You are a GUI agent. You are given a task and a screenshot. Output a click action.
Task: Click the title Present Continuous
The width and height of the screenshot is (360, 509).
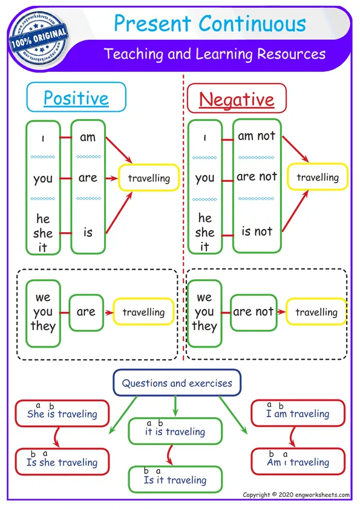pyautogui.click(x=210, y=24)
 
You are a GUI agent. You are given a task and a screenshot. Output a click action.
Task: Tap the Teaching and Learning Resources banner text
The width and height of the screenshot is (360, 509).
pyautogui.click(x=215, y=54)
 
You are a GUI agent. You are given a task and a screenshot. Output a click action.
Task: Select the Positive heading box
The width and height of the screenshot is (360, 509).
pyautogui.click(x=76, y=98)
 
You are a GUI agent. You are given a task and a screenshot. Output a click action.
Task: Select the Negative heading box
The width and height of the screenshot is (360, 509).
pyautogui.click(x=237, y=99)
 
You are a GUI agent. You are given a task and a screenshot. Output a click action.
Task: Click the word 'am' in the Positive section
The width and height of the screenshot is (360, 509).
pyautogui.click(x=88, y=137)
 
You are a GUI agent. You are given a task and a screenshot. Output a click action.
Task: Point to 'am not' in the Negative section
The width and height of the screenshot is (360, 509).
pyautogui.click(x=257, y=136)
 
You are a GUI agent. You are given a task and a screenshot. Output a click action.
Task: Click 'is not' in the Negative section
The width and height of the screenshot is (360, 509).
pyautogui.click(x=257, y=231)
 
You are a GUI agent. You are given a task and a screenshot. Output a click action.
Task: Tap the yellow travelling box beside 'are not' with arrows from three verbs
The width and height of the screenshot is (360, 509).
pyautogui.click(x=318, y=178)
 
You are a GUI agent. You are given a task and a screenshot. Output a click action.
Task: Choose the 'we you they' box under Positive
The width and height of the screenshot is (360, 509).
pyautogui.click(x=43, y=313)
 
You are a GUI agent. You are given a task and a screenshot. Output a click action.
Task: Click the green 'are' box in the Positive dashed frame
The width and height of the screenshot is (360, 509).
pyautogui.click(x=86, y=312)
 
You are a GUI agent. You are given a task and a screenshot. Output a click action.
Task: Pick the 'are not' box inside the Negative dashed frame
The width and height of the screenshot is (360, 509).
pyautogui.click(x=253, y=312)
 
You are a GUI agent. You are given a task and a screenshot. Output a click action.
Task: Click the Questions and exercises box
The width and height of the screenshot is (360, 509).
pyautogui.click(x=177, y=383)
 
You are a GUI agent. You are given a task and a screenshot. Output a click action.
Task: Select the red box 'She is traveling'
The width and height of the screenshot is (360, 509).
pyautogui.click(x=62, y=414)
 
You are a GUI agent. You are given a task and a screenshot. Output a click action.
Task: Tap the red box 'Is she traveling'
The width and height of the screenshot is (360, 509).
pyautogui.click(x=62, y=462)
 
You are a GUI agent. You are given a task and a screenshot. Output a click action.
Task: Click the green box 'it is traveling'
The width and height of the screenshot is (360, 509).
pyautogui.click(x=175, y=432)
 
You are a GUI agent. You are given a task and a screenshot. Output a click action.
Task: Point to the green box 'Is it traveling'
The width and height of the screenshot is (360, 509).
pyautogui.click(x=175, y=480)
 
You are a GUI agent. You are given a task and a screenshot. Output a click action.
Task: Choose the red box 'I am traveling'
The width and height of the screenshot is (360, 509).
pyautogui.click(x=298, y=414)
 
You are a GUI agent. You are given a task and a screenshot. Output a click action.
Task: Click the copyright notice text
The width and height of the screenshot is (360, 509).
pyautogui.click(x=296, y=495)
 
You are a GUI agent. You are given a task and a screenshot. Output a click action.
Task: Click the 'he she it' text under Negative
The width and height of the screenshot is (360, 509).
pyautogui.click(x=205, y=232)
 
